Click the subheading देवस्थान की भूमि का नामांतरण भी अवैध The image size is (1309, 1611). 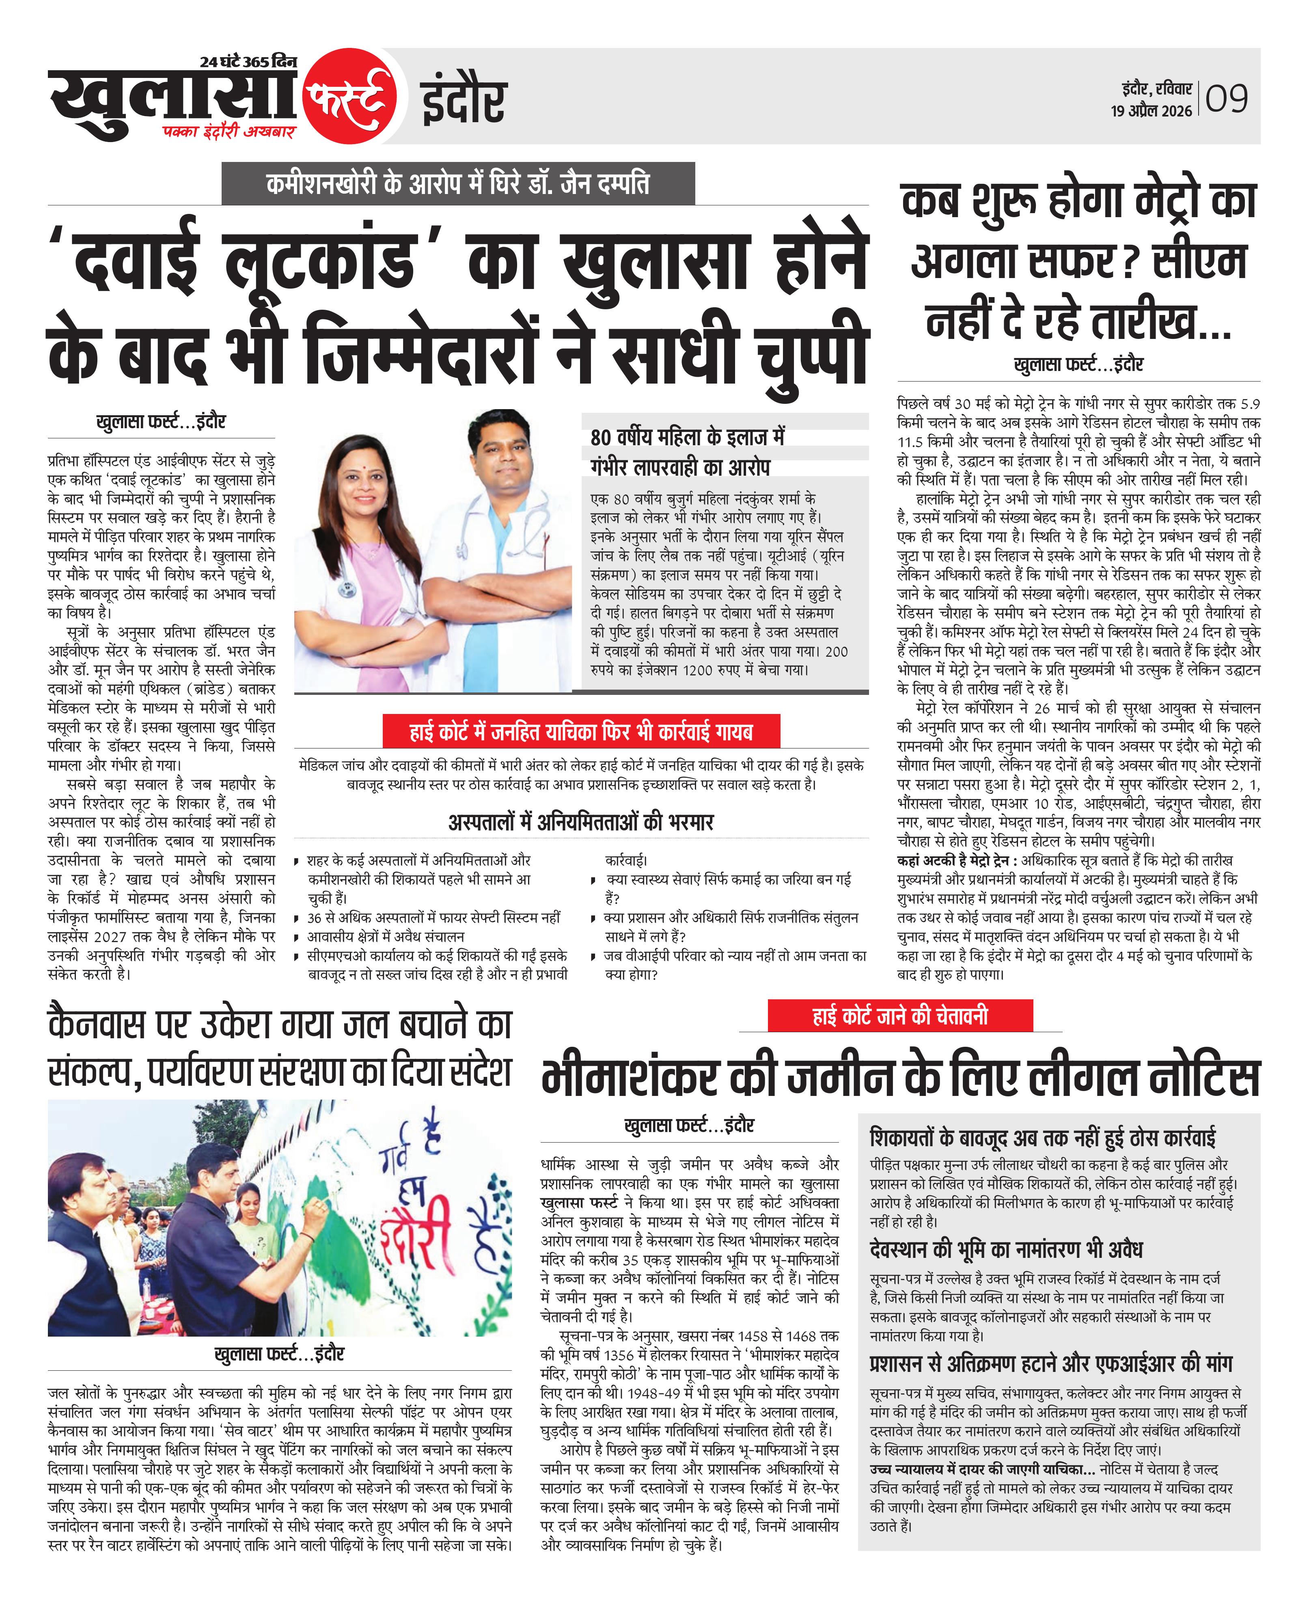point(1006,1250)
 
